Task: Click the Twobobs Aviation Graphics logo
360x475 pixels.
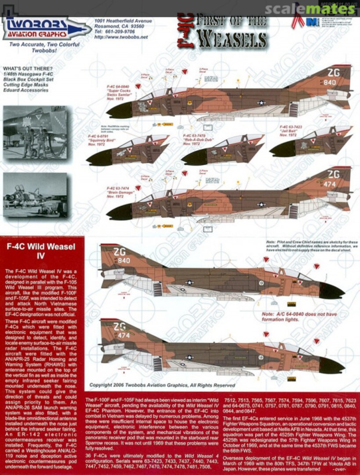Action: [46, 28]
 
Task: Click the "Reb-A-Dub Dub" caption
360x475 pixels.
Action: [193, 140]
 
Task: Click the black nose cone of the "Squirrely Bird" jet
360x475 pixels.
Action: [98, 157]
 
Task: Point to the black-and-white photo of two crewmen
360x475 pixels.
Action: [35, 132]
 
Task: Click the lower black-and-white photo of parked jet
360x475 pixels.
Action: [35, 194]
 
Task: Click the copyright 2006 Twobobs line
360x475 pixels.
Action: [162, 385]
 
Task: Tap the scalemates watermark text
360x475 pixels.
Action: [311, 8]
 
